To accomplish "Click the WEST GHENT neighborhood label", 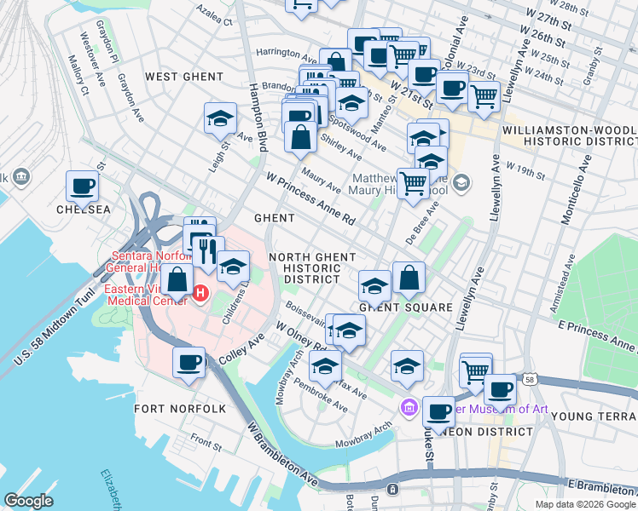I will (x=183, y=77).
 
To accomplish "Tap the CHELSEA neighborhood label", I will (x=84, y=209).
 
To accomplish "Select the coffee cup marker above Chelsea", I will (x=83, y=185).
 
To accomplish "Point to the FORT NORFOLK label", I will (x=180, y=409).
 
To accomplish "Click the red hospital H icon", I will (x=200, y=294).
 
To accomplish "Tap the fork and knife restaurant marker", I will (x=208, y=252).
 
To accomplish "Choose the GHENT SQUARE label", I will (x=405, y=307).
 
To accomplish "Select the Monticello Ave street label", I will (x=576, y=190).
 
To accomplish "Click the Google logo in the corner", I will (x=29, y=501).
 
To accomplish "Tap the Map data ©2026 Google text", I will (x=584, y=504).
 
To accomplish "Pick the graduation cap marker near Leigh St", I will (x=221, y=118).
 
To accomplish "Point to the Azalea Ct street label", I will (x=214, y=17).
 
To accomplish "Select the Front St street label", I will (x=206, y=441).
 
